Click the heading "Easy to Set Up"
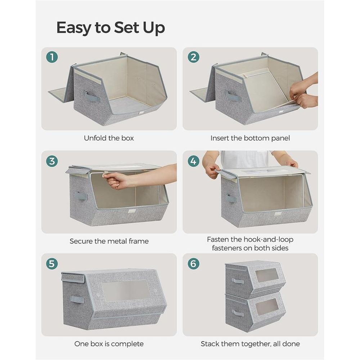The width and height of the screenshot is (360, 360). [x=111, y=28]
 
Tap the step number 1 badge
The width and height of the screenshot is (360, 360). [x=52, y=57]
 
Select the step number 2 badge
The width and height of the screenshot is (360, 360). [x=193, y=57]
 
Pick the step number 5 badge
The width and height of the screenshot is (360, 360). [x=52, y=264]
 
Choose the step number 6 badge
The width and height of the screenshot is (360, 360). [x=193, y=264]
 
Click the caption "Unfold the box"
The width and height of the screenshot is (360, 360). [x=109, y=138]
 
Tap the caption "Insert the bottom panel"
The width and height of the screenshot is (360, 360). [x=250, y=138]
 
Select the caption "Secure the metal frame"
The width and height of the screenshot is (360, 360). [x=109, y=241]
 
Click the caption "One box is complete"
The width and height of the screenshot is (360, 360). [x=109, y=344]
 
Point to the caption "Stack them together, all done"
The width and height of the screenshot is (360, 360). [x=250, y=344]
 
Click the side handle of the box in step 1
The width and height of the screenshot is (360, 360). [x=91, y=96]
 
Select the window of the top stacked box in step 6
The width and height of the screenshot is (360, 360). [x=267, y=275]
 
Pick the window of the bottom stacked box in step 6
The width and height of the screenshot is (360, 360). [x=267, y=307]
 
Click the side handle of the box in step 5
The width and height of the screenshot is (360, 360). [x=77, y=299]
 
